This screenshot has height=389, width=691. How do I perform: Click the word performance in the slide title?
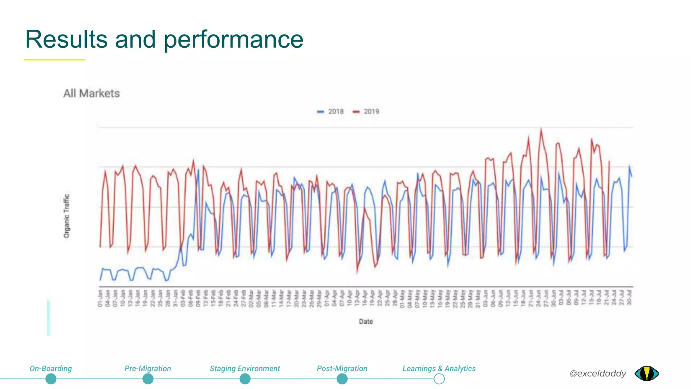point(233,40)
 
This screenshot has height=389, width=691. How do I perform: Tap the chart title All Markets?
point(91,94)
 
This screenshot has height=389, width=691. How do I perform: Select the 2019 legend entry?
point(366,111)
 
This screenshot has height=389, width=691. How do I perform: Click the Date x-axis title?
point(366,321)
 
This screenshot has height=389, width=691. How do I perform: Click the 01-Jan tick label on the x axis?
point(100,298)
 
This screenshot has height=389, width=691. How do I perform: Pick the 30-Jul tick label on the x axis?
point(629,298)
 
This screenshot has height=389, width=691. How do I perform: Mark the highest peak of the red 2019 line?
point(541,129)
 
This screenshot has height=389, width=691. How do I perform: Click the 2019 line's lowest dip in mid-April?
point(357,272)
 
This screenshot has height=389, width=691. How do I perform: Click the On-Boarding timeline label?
point(51,368)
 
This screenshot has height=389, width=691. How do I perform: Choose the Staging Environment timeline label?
point(245,368)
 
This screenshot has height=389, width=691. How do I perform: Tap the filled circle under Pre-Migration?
point(148,379)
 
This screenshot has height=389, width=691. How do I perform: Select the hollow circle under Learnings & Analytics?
point(439,379)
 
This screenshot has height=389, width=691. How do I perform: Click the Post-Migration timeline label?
point(342,368)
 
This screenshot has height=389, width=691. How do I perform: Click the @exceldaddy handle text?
point(598,373)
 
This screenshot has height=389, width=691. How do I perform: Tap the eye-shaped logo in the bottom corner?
point(646,373)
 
